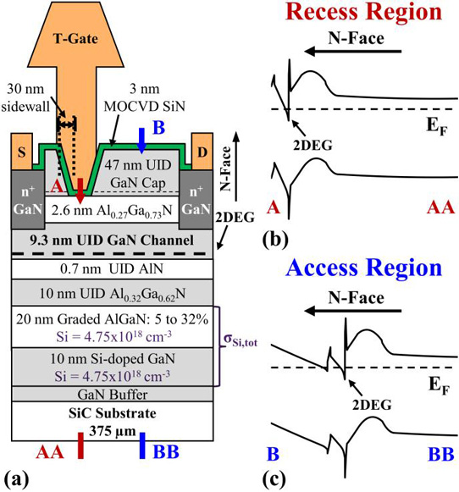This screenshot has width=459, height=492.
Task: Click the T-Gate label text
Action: [75, 39]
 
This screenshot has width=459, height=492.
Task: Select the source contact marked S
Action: [22, 152]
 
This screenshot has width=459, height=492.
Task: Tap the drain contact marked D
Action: [202, 152]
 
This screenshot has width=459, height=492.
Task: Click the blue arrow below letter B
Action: [141, 141]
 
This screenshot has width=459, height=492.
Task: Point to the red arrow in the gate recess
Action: [80, 191]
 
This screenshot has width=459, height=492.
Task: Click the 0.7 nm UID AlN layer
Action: [112, 269]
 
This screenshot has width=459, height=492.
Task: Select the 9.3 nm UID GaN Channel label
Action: [112, 240]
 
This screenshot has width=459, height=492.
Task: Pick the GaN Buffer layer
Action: [112, 394]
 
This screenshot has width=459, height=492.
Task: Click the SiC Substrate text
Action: [113, 413]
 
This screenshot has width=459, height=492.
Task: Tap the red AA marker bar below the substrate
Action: [81, 445]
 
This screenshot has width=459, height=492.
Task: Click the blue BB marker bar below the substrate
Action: [142, 445]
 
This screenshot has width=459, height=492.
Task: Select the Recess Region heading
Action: [364, 12]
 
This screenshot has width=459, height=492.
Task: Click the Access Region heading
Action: [364, 268]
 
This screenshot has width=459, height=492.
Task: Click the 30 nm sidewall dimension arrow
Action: [67, 124]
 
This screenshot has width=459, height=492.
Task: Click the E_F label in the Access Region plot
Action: [439, 385]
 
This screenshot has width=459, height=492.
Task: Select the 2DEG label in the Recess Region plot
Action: [312, 145]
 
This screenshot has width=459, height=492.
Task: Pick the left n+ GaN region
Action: [28, 200]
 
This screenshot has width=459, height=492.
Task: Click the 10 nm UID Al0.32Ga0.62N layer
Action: [112, 294]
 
